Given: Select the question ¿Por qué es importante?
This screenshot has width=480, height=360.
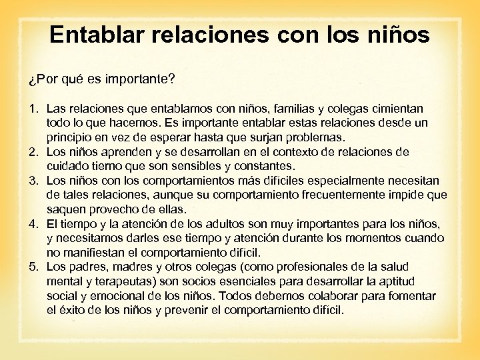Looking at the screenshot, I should coord(102,80).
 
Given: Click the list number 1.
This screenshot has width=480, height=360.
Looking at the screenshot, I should coord(33,109).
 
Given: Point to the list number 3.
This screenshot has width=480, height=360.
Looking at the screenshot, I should coord(33,181).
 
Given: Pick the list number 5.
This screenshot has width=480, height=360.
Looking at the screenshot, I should coord(33,267).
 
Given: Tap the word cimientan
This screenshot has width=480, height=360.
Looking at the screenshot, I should coord(394,109).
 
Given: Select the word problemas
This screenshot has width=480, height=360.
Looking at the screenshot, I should coord(314,137).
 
